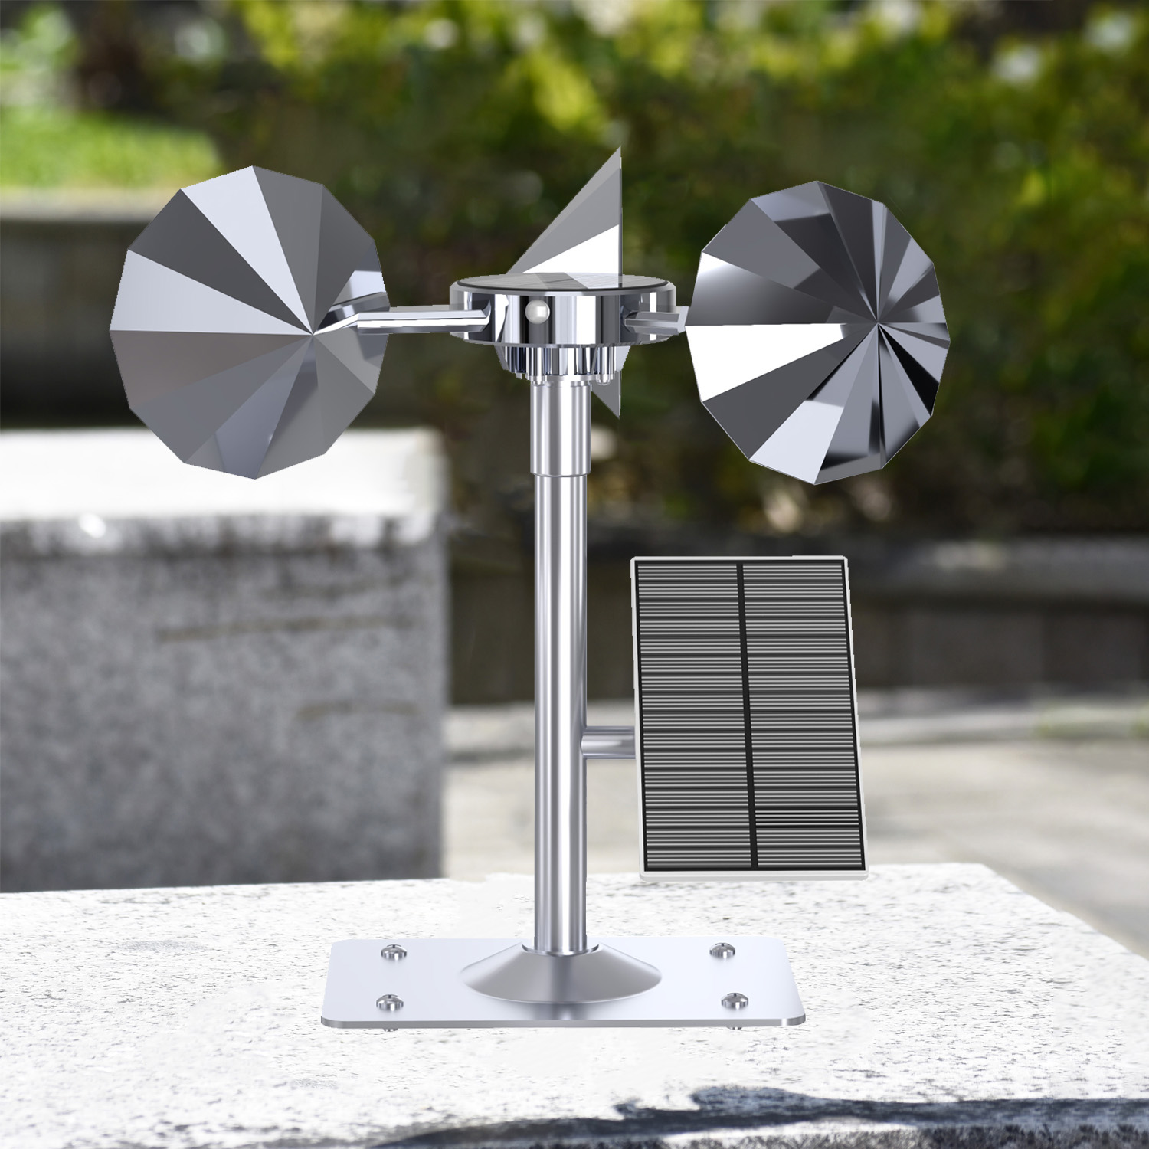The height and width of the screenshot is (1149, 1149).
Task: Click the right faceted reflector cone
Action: [820, 337]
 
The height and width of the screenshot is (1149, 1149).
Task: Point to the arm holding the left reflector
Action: [414, 316]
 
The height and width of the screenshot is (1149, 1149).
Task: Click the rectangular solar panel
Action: [747, 716]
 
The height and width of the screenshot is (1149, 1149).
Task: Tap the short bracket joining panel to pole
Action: [607, 743]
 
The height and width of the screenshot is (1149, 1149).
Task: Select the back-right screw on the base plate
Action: [719, 951]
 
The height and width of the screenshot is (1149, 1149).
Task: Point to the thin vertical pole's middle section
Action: [559, 689]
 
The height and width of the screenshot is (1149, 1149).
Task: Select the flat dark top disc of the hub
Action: [563, 283]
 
